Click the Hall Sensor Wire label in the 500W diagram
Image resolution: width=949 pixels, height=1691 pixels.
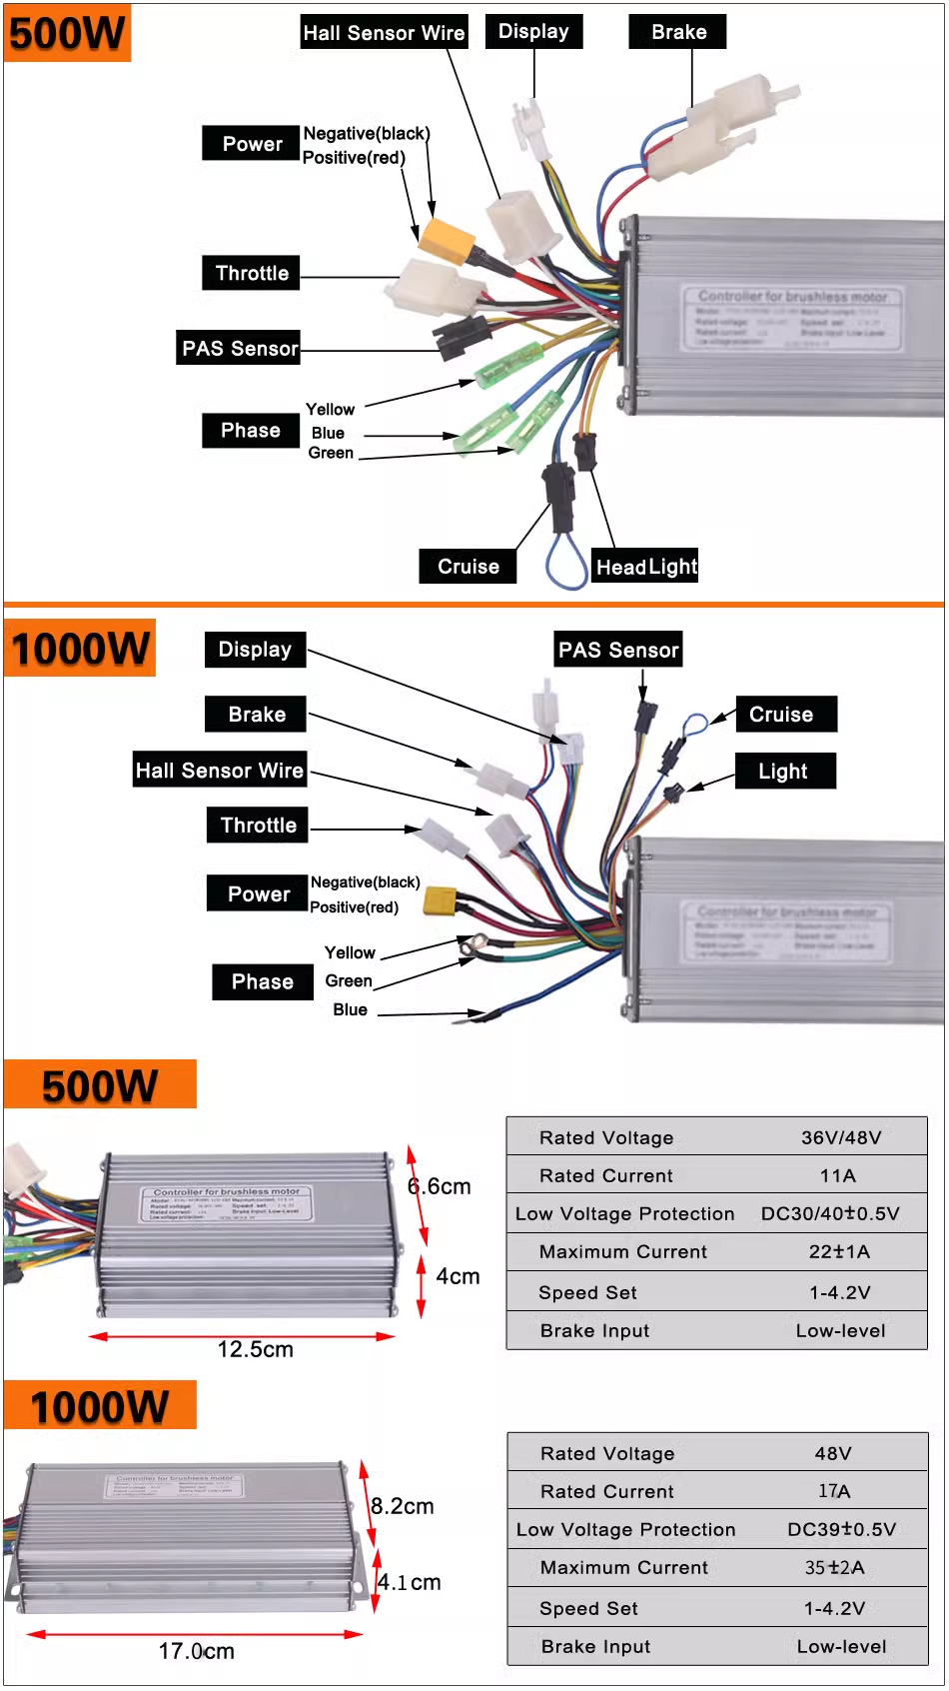[384, 33]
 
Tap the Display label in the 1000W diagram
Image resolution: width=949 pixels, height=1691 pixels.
[255, 650]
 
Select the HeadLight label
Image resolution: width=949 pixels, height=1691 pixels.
[646, 567]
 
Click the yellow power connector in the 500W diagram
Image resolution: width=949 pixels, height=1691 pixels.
[447, 239]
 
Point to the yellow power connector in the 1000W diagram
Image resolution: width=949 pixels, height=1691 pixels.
[440, 900]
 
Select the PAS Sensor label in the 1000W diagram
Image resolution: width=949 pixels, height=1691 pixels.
[618, 651]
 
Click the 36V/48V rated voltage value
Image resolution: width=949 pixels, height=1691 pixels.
[841, 1137]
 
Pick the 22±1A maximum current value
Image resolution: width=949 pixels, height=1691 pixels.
[839, 1251]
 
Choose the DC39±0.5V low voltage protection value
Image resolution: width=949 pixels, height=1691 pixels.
[841, 1529]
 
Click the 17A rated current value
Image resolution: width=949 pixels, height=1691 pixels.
[834, 1491]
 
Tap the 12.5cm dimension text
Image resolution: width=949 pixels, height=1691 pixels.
[256, 1349]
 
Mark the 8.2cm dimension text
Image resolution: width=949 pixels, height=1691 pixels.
[403, 1506]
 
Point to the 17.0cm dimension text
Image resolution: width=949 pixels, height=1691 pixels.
[197, 1651]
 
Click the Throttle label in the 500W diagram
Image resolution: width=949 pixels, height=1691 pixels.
[252, 273]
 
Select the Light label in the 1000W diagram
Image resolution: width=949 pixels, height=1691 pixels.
[783, 772]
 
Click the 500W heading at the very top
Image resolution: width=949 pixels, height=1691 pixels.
[67, 33]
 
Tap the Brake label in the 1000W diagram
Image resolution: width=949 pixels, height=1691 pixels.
[257, 715]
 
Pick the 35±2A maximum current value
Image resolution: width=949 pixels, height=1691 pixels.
[835, 1567]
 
